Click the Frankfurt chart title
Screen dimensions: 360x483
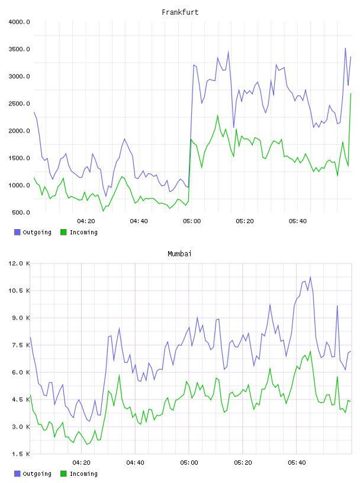pos(180,12)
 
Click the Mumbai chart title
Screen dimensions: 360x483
pos(179,254)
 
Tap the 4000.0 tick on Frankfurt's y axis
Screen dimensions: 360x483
pos(20,22)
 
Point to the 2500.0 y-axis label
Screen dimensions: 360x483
pos(20,104)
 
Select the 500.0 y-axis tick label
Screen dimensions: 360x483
pos(21,212)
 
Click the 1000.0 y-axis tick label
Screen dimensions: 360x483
pos(20,185)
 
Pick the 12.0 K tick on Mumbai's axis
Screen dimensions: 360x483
pos(20,263)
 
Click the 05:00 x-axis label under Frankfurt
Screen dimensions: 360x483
pos(192,221)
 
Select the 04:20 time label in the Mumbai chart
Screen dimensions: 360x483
pos(81,463)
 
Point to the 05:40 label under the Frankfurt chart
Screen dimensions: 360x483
pos(298,221)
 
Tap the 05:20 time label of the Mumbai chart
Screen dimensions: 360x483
pos(243,463)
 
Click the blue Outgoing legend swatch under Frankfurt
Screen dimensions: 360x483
pos(17,232)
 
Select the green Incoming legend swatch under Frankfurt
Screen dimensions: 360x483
pos(63,232)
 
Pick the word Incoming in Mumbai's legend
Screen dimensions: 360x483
pos(83,474)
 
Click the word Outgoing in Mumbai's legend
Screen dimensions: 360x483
pos(37,474)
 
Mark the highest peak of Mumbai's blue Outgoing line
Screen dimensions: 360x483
pos(310,277)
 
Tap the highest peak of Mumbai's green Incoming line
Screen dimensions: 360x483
pos(310,351)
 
